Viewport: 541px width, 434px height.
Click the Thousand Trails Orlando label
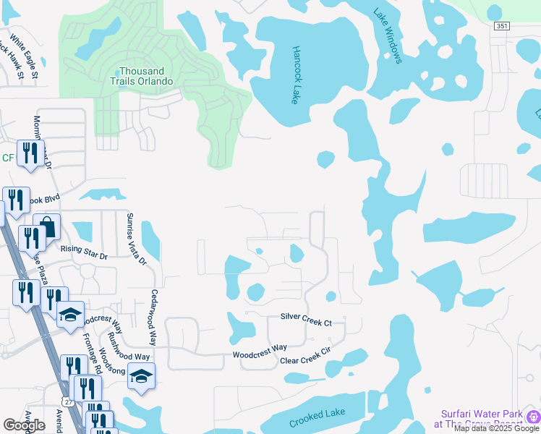(146, 76)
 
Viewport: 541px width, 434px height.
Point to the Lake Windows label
(388, 35)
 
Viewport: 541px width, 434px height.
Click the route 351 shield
(502, 25)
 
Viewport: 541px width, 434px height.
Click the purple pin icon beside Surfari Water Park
(532, 417)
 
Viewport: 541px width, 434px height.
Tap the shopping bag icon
(47, 226)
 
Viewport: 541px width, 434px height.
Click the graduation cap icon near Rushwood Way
(141, 376)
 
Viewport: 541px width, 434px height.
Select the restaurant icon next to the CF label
(30, 153)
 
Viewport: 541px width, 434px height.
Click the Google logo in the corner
(25, 425)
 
